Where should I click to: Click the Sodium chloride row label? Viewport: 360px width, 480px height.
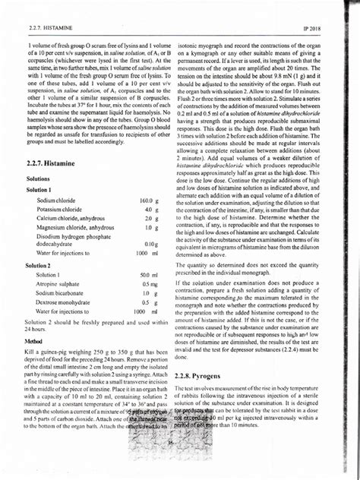(x=58, y=200)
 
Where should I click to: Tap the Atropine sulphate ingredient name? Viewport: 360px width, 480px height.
(x=62, y=283)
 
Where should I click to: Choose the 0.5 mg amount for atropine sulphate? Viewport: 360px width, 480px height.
(x=149, y=283)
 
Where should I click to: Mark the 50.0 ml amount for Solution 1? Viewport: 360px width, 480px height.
(x=149, y=274)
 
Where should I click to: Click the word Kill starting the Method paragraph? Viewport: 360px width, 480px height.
(x=31, y=353)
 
